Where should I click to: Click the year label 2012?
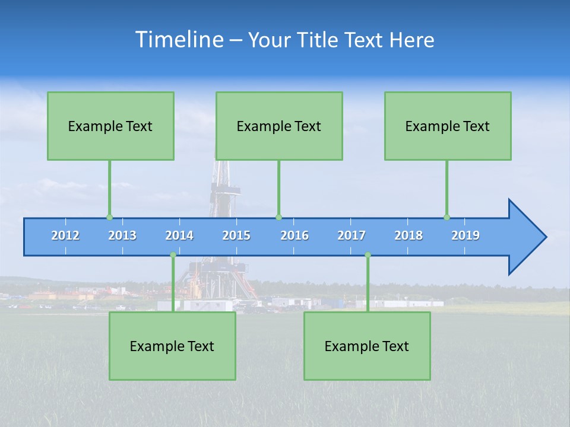click(65, 236)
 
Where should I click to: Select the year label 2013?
click(122, 236)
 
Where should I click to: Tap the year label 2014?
click(179, 236)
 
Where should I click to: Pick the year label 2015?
click(236, 236)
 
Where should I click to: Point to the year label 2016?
click(294, 236)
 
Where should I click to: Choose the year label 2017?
click(351, 236)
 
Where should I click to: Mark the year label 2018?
click(408, 236)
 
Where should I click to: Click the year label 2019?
click(465, 236)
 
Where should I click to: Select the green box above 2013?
click(110, 126)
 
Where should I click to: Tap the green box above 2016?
click(279, 126)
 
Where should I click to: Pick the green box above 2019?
click(448, 126)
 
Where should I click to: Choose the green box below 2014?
click(172, 346)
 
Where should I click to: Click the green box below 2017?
click(367, 346)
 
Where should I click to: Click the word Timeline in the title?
click(179, 39)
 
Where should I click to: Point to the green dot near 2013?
click(109, 217)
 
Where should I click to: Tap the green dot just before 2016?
click(278, 217)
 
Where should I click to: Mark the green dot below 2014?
click(173, 255)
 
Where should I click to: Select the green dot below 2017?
click(368, 255)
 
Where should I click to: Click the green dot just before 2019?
click(446, 217)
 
